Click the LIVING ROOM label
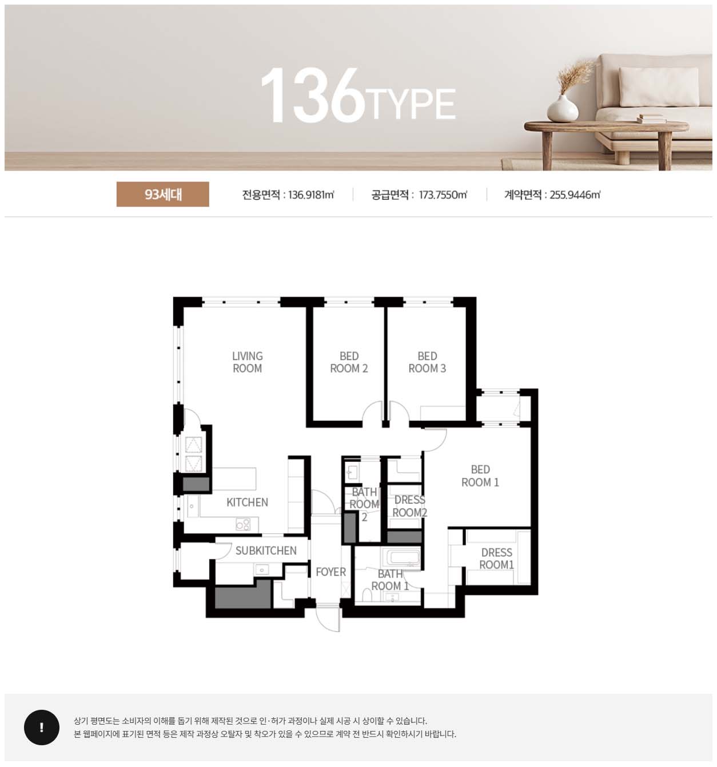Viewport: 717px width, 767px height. (x=248, y=362)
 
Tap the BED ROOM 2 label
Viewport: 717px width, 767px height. (x=349, y=362)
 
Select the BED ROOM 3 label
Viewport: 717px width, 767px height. (x=427, y=362)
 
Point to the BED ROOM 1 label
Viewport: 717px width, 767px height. (x=480, y=476)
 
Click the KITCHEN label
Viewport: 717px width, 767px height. (x=247, y=502)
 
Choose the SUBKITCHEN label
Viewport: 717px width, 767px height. (x=266, y=550)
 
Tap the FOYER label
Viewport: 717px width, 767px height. (x=330, y=572)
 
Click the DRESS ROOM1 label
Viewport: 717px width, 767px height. (x=497, y=559)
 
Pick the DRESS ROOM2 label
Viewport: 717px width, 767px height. (x=410, y=506)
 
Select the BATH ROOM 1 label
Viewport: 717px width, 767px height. (x=390, y=580)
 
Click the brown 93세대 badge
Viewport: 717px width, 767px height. (x=163, y=194)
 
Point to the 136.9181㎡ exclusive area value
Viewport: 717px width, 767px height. (x=311, y=195)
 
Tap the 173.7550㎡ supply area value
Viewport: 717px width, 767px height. (x=443, y=195)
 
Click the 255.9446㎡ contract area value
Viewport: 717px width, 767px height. (x=575, y=195)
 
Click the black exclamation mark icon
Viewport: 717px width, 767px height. (x=42, y=728)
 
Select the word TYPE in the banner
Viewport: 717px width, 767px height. (x=410, y=104)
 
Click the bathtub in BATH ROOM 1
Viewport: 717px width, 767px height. (x=401, y=558)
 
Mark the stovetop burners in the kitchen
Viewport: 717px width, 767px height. (x=243, y=524)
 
